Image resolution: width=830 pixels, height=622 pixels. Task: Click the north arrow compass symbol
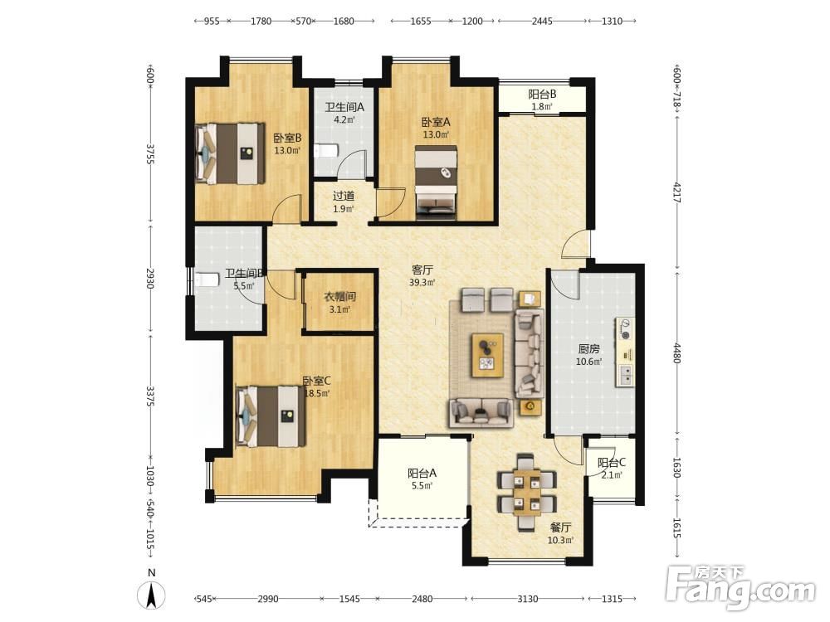click(x=151, y=595)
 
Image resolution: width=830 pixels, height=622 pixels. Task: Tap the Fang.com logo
click(x=741, y=587)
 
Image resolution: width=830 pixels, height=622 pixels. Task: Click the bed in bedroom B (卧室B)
click(x=230, y=154)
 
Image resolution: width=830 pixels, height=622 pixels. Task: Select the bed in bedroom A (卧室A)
click(x=436, y=182)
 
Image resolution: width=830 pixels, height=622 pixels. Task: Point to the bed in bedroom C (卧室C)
click(x=271, y=416)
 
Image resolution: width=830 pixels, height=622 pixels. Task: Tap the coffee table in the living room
click(x=487, y=355)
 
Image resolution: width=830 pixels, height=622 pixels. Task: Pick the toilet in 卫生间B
click(x=207, y=279)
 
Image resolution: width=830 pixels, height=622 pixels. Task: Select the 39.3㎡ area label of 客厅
click(x=422, y=283)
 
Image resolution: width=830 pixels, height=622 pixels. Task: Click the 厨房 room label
click(x=588, y=349)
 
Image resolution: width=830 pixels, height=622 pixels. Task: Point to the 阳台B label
click(x=542, y=95)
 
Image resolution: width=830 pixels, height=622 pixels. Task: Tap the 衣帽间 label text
click(x=339, y=297)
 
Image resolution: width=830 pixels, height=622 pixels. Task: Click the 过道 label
click(x=344, y=196)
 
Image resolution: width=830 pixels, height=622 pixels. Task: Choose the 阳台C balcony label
click(x=612, y=463)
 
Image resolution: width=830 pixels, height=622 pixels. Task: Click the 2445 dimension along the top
click(x=542, y=22)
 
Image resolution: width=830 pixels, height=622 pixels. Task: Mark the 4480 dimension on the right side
click(x=676, y=352)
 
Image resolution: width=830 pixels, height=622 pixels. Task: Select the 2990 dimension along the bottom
click(x=268, y=599)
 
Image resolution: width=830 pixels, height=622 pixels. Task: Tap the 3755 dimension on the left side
click(x=149, y=153)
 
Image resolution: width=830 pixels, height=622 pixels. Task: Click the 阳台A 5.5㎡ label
click(x=422, y=479)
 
